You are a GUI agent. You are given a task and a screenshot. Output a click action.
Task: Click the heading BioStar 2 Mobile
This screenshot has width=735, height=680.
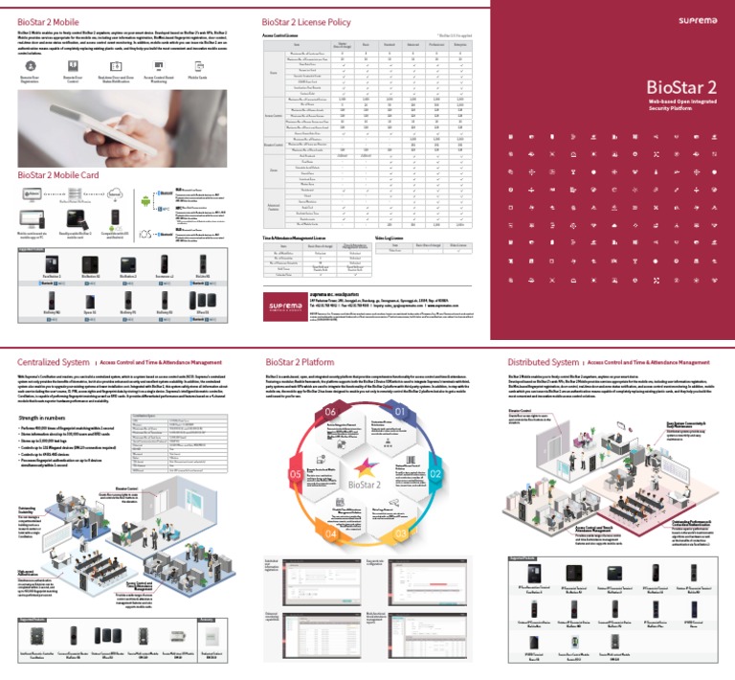[48, 20]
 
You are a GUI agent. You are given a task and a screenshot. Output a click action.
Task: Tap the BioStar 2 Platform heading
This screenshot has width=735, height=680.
[301, 362]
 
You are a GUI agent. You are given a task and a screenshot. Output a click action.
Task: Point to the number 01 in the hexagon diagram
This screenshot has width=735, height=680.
[400, 412]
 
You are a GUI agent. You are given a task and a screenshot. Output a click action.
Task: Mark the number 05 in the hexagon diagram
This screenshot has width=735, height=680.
[297, 474]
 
